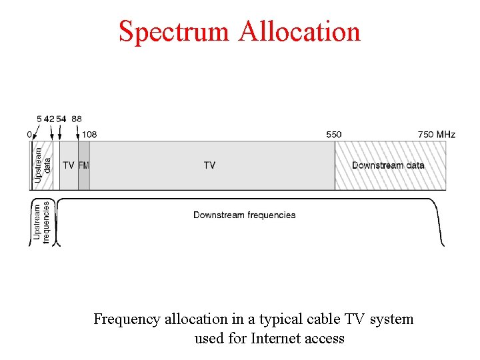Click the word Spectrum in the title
[173, 31]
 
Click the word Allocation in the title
[299, 31]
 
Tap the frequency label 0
[29, 134]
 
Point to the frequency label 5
[39, 119]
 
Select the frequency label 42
[49, 119]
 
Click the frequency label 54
[61, 119]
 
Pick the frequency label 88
[77, 119]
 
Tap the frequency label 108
[89, 134]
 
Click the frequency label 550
[334, 134]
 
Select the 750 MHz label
[437, 134]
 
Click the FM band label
[83, 165]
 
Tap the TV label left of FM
[69, 165]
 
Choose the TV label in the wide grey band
[209, 165]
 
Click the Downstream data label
[388, 165]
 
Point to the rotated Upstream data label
[43, 165]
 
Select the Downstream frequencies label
[244, 215]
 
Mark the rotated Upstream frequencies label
[41, 222]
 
